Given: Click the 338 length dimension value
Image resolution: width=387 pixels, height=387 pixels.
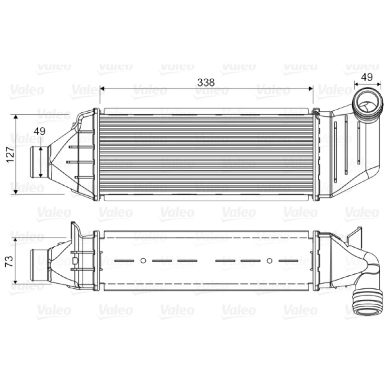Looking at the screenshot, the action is [x=206, y=82].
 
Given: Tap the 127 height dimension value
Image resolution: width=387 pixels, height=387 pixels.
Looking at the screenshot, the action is [x=10, y=155].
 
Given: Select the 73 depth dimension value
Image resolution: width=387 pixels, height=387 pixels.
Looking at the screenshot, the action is [x=9, y=261].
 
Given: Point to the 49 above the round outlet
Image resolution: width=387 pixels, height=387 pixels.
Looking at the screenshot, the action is [x=367, y=77].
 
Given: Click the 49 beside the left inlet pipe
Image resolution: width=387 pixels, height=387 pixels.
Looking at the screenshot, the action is [x=40, y=131].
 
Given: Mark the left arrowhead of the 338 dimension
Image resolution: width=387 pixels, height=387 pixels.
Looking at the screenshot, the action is [x=102, y=89].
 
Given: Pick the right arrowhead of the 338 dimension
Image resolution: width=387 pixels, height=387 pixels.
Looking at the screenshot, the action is [x=311, y=89].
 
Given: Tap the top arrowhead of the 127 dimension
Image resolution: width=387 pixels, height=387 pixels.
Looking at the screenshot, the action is [x=16, y=117].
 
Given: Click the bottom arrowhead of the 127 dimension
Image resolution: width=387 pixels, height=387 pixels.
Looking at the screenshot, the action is [x=16, y=191].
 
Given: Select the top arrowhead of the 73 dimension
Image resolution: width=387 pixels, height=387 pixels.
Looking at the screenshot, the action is [x=15, y=240].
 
